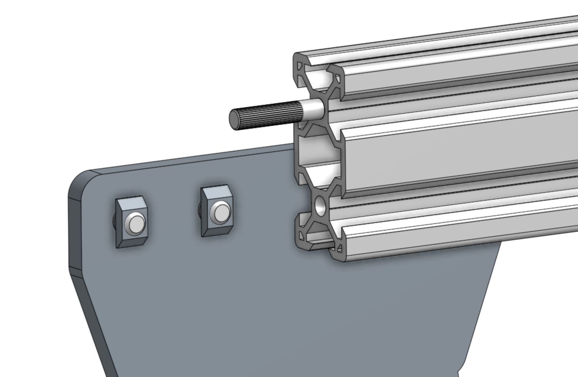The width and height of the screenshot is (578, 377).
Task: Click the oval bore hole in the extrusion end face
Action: point(319,205)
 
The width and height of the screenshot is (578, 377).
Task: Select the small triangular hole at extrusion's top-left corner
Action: point(299,68)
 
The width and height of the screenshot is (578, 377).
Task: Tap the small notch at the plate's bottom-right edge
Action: point(459,371)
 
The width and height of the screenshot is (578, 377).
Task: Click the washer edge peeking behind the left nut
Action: point(114,222)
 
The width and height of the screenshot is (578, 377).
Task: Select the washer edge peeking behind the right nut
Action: point(199,210)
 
